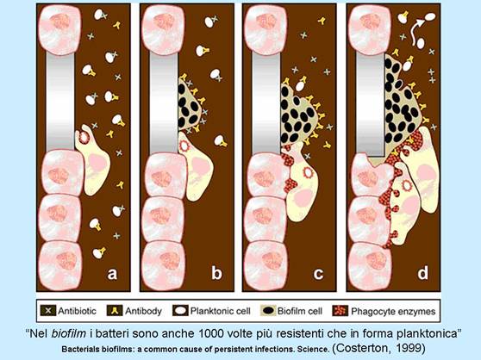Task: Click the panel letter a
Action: [112, 273]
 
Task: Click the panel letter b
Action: [216, 272]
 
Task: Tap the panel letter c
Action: [318, 273]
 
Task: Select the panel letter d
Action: [422, 272]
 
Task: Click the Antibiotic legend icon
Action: [47, 310]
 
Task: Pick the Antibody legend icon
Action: [115, 310]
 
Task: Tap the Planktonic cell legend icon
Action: [180, 310]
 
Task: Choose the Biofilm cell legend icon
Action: [268, 310]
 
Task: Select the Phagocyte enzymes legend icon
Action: [340, 310]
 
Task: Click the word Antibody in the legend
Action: [143, 311]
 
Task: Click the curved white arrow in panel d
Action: [418, 31]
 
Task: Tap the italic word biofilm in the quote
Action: [68, 333]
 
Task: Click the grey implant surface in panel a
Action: [60, 102]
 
